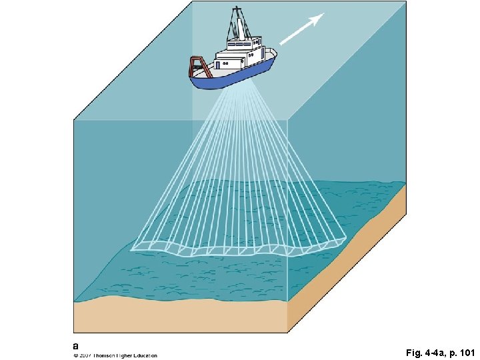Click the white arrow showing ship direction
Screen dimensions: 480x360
301,29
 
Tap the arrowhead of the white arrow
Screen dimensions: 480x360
319,17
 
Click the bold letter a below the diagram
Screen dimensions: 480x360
75,346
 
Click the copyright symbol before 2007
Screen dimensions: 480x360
75,355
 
